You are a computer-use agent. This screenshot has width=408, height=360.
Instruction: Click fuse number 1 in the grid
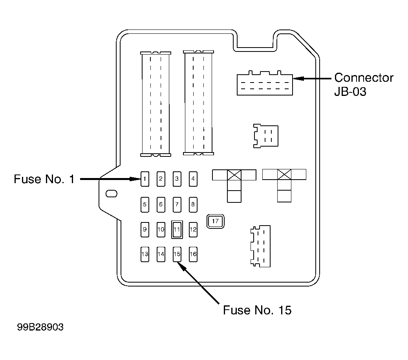[145, 179]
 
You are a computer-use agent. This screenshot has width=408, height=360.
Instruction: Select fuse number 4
[193, 179]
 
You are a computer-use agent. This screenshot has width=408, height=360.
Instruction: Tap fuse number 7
[177, 204]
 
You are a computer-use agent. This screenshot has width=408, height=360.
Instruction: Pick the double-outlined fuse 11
[177, 230]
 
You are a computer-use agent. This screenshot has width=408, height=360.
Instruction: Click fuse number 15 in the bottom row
[177, 254]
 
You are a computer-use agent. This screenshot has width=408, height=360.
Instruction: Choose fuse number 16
[193, 254]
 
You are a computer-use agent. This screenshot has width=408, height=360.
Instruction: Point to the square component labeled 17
[216, 221]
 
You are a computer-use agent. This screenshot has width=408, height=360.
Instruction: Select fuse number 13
[145, 254]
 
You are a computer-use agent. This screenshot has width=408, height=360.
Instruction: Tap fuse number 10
[161, 230]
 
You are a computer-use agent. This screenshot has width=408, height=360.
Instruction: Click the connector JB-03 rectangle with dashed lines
[265, 83]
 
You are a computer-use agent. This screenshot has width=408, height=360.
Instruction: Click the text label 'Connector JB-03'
[364, 84]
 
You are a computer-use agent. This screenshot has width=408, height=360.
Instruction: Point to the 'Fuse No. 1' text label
[44, 179]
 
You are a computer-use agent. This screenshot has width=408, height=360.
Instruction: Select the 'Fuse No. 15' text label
[257, 310]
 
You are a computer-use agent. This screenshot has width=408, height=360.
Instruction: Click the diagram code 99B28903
[40, 327]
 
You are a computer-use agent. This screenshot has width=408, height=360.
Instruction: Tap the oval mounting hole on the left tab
[112, 194]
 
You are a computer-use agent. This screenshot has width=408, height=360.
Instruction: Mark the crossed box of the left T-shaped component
[234, 175]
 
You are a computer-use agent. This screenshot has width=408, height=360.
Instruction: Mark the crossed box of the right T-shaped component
[284, 174]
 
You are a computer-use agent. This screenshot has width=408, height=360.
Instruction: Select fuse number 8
[193, 204]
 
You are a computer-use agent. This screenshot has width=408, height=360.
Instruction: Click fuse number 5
[145, 204]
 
